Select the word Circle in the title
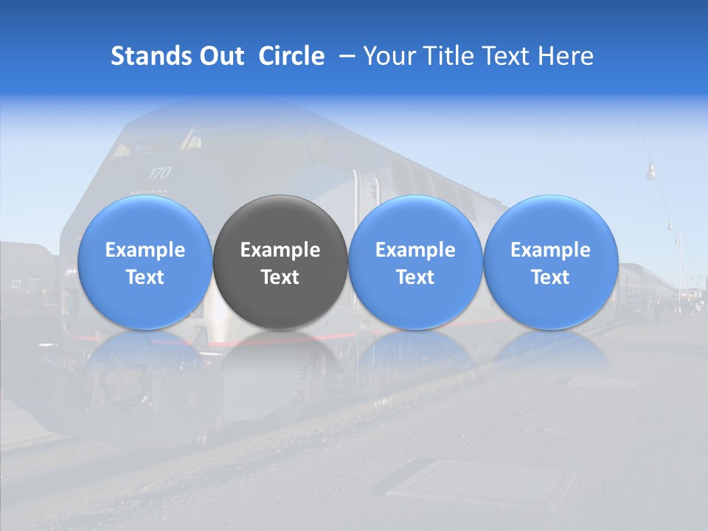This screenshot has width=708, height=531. point(291,56)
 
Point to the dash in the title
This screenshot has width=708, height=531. point(344,57)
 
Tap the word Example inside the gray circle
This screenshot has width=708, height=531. point(280,250)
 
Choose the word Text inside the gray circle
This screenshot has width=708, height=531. point(280,277)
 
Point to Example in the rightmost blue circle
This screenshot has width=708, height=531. point(551,250)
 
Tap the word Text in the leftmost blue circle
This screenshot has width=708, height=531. point(145,277)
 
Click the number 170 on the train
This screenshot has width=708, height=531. point(159,173)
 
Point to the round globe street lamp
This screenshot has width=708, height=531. point(651,173)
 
